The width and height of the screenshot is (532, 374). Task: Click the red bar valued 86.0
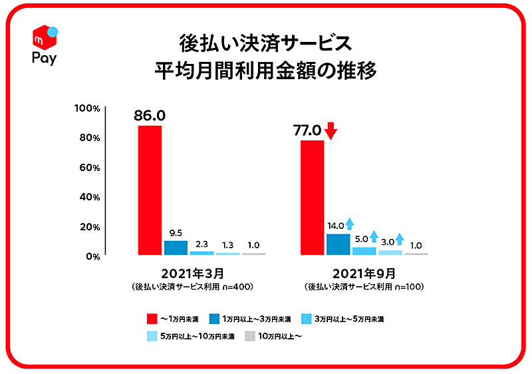pos(150,190)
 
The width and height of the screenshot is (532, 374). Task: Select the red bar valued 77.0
pos(313,198)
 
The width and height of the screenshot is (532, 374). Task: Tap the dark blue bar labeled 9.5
pos(176,248)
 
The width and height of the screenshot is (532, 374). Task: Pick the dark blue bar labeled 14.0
pos(338,244)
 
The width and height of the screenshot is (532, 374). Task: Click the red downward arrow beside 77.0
pos(331,130)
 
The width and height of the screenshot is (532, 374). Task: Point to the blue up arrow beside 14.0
pos(350,224)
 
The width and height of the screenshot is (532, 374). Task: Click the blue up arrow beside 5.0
pos(374,236)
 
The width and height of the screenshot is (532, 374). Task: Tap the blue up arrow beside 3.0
pos(399,238)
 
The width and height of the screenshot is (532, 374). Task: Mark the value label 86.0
pos(149,115)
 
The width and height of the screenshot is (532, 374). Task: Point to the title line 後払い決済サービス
pos(265,44)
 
